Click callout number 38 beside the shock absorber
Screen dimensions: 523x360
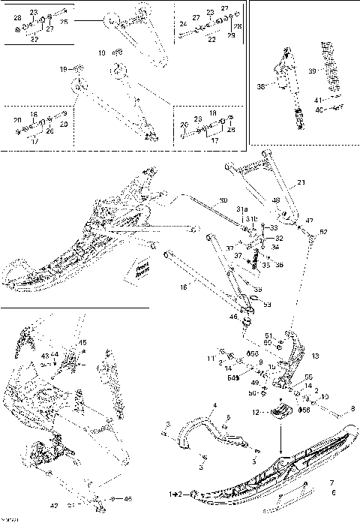(262, 87)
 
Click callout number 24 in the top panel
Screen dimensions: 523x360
(182, 24)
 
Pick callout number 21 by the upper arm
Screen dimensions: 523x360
(301, 183)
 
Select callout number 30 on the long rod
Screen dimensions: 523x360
(222, 201)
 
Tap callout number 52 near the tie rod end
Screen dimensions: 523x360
(323, 232)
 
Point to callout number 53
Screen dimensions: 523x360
(267, 305)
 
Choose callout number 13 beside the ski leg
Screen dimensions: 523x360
(315, 356)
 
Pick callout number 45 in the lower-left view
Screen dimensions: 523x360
(82, 342)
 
